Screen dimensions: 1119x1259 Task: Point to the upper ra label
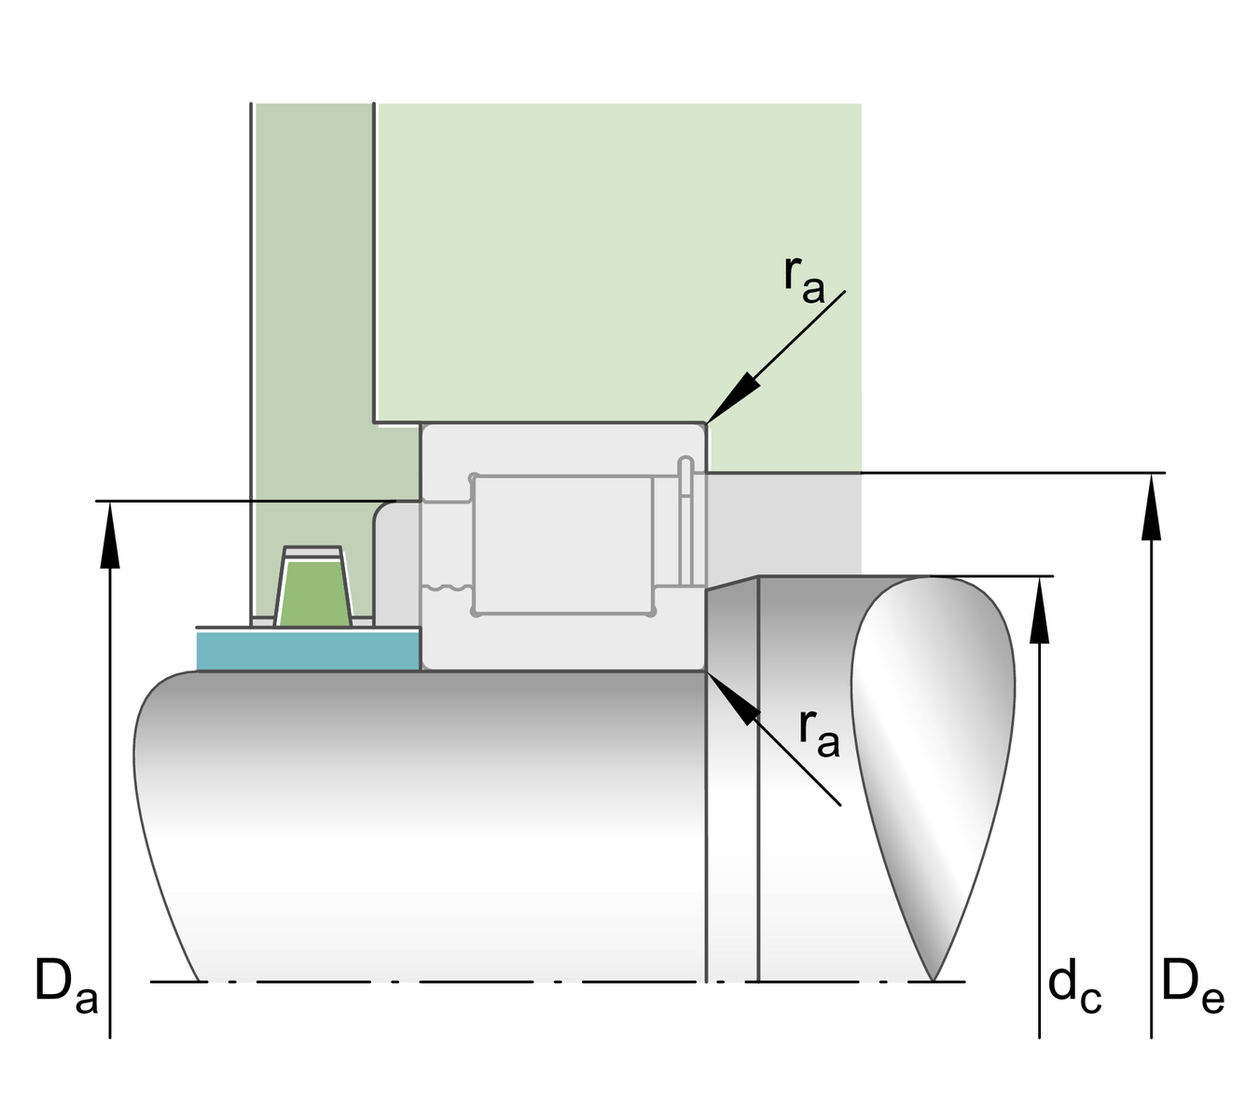[803, 278]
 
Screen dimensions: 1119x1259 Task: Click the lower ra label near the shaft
[818, 732]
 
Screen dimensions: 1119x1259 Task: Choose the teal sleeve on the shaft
[308, 650]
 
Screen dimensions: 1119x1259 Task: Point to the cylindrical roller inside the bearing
[562, 545]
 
